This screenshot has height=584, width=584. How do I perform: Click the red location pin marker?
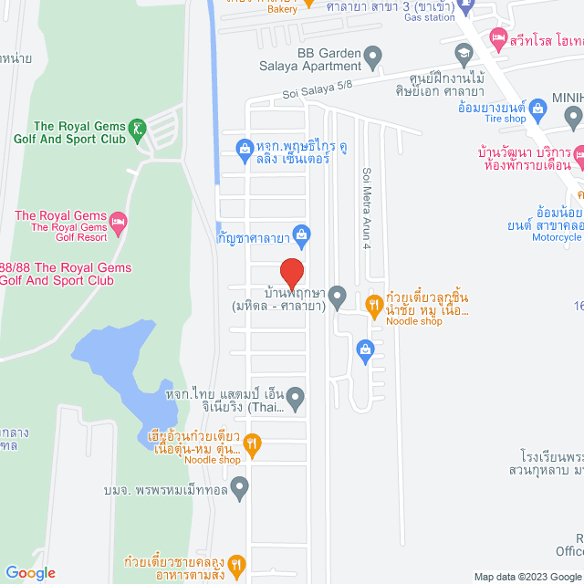(x=291, y=272)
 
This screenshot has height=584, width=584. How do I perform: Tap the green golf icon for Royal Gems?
(x=137, y=127)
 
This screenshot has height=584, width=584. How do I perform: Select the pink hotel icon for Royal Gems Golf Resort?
(x=119, y=221)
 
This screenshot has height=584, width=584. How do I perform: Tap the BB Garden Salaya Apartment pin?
(x=372, y=58)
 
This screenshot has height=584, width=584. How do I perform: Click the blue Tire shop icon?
(x=537, y=109)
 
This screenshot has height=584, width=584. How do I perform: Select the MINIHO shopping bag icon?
(x=573, y=116)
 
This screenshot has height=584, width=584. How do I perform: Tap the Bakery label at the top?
(x=282, y=10)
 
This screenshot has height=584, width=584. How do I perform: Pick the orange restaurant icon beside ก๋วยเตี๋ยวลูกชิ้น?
(x=373, y=305)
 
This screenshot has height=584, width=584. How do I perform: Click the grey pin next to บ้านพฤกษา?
(x=337, y=295)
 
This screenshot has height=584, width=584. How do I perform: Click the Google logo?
(x=30, y=573)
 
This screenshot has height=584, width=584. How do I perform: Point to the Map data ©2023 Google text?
(x=527, y=576)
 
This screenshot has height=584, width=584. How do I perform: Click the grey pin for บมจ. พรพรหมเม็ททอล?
(x=240, y=490)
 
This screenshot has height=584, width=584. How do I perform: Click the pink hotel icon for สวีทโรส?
(x=497, y=38)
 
